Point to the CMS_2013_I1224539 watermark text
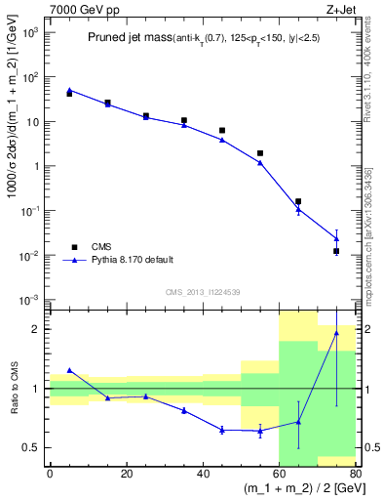[x=204, y=292]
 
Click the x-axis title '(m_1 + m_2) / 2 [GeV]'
[x=293, y=487]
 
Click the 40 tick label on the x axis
[x=203, y=474]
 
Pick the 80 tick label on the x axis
[x=355, y=474]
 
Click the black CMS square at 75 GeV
[x=336, y=251]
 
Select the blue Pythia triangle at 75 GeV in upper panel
[x=336, y=238]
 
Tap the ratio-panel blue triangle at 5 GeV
[x=69, y=370]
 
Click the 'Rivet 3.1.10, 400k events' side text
[x=370, y=63]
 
